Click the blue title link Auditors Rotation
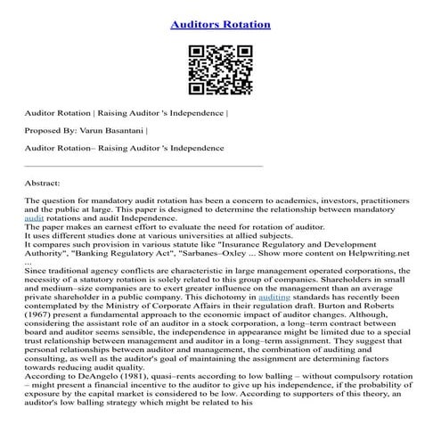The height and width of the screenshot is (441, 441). pyautogui.click(x=220, y=24)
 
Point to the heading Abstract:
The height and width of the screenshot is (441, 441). pyautogui.click(x=45, y=182)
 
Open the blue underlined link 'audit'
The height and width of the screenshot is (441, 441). pyautogui.click(x=34, y=217)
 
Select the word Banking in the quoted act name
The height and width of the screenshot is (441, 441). pyautogui.click(x=104, y=253)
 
